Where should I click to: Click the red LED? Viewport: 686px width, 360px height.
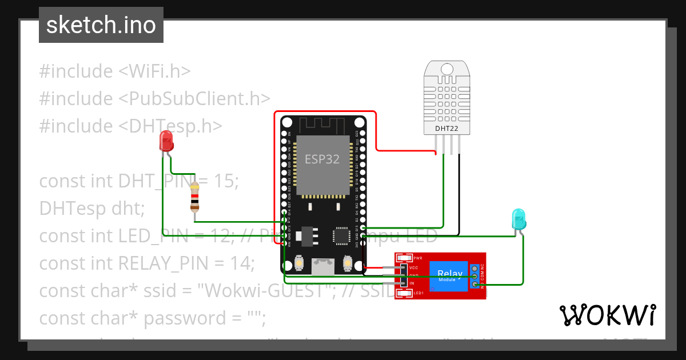click(166, 140)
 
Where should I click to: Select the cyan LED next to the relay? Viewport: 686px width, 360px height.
click(519, 218)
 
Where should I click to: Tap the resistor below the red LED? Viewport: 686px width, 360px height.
click(196, 197)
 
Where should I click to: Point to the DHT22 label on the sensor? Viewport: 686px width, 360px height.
click(447, 129)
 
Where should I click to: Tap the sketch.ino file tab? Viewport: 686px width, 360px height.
click(101, 25)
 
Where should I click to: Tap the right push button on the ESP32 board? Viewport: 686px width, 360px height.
click(347, 263)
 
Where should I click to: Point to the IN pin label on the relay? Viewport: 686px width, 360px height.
click(412, 283)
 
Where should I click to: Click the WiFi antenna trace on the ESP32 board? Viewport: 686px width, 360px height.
click(322, 124)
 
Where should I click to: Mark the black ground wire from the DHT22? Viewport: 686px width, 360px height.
click(458, 194)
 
